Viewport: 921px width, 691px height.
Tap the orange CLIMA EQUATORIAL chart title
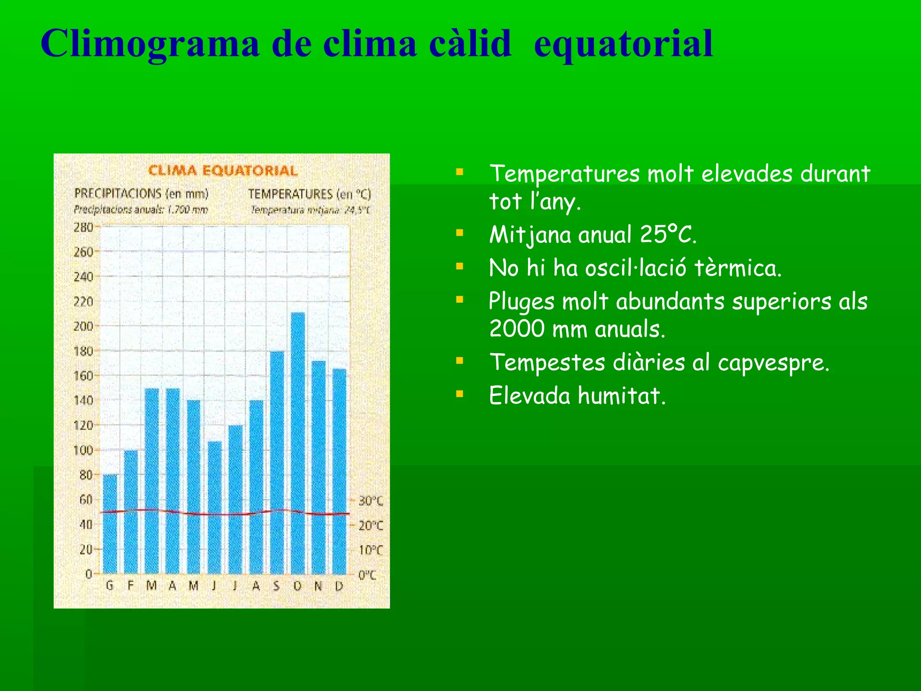click(x=223, y=171)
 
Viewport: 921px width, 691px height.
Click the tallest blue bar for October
click(x=298, y=443)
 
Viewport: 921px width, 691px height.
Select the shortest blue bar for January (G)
click(x=110, y=524)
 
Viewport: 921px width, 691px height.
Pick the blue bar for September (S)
click(x=277, y=462)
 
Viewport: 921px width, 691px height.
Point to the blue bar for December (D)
click(x=340, y=471)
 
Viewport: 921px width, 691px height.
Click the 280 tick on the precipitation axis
click(x=84, y=227)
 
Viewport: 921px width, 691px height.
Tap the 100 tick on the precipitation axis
click(x=84, y=450)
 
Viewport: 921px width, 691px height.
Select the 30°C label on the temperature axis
click(x=371, y=501)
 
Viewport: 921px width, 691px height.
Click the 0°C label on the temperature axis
click(x=367, y=575)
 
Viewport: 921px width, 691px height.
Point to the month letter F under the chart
click(x=130, y=586)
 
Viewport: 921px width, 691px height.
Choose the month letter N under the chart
click(x=318, y=586)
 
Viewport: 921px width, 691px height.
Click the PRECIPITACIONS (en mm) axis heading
click(x=141, y=194)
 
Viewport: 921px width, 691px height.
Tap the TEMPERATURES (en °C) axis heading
click(x=309, y=194)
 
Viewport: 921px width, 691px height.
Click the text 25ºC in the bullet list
click(x=668, y=234)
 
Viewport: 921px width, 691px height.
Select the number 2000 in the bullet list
click(x=517, y=329)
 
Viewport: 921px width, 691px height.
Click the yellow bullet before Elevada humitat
click(x=459, y=395)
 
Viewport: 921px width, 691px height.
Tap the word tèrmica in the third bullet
click(x=738, y=268)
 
